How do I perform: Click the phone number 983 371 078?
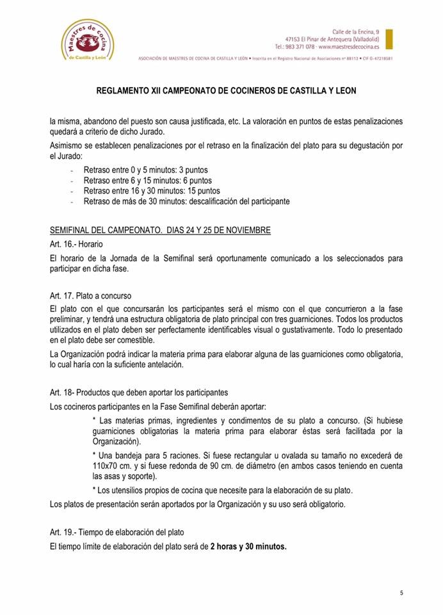pos(300,47)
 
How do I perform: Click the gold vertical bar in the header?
pos(389,39)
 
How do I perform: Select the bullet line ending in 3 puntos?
pos(145,170)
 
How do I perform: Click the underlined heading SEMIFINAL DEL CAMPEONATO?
pos(114,230)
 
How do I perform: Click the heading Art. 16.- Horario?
pos(76,244)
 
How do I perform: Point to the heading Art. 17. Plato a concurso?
pos(90,297)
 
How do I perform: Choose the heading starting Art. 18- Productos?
pos(139,392)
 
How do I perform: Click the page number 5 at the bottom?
pos(401,593)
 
